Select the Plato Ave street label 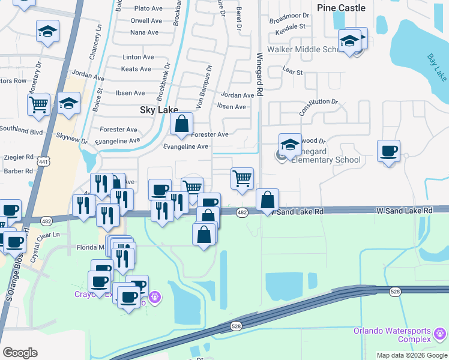(149, 8)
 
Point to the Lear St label (292, 71)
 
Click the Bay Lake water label (436, 67)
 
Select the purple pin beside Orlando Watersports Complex (440, 331)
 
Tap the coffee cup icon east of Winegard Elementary (388, 151)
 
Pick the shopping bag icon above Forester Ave (181, 125)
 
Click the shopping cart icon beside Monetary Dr (38, 104)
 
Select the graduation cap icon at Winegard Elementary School (290, 145)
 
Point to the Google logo (20, 352)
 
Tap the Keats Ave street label (136, 69)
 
